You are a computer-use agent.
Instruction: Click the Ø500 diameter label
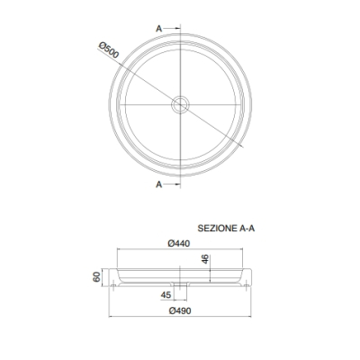click(109, 49)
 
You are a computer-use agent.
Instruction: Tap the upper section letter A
click(158, 29)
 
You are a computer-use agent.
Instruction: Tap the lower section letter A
click(158, 184)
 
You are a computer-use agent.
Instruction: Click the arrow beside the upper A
click(172, 29)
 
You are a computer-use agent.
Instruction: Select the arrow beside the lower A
click(172, 184)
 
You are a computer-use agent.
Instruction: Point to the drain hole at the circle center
click(180, 104)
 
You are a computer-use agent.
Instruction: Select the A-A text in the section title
click(247, 229)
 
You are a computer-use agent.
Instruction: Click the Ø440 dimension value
click(179, 243)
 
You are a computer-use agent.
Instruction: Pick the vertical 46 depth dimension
click(205, 259)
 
